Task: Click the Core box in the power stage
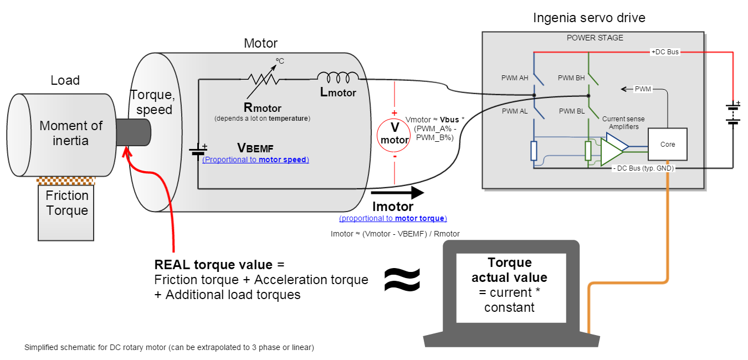pyautogui.click(x=668, y=145)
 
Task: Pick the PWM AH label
pyautogui.click(x=515, y=78)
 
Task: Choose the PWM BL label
pyautogui.click(x=572, y=111)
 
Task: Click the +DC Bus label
pyautogui.click(x=664, y=52)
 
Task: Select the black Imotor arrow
pyautogui.click(x=397, y=193)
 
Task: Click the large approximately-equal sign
pyautogui.click(x=402, y=279)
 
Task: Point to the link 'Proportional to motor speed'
pyautogui.click(x=255, y=160)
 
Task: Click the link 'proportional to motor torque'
pyautogui.click(x=393, y=218)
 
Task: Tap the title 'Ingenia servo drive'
pyautogui.click(x=589, y=18)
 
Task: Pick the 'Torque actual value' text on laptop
pyautogui.click(x=509, y=270)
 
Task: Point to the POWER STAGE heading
pyautogui.click(x=595, y=38)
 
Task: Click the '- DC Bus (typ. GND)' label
pyautogui.click(x=643, y=168)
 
